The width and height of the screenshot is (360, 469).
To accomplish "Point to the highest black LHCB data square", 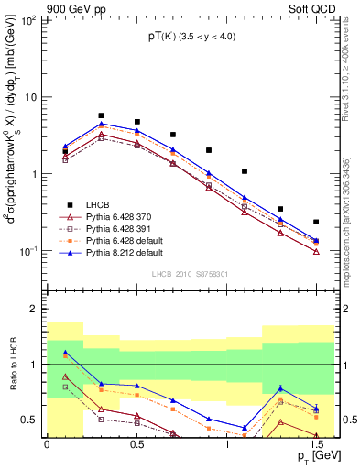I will pyautogui.click(x=101, y=116).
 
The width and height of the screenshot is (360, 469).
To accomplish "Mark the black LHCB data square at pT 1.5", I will pyautogui.click(x=316, y=222).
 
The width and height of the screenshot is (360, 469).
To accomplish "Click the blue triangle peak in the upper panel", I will pyautogui.click(x=101, y=123).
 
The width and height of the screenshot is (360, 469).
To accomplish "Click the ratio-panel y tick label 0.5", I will pyautogui.click(x=30, y=420).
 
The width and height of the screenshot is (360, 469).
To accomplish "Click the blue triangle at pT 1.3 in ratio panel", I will pyautogui.click(x=280, y=388).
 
